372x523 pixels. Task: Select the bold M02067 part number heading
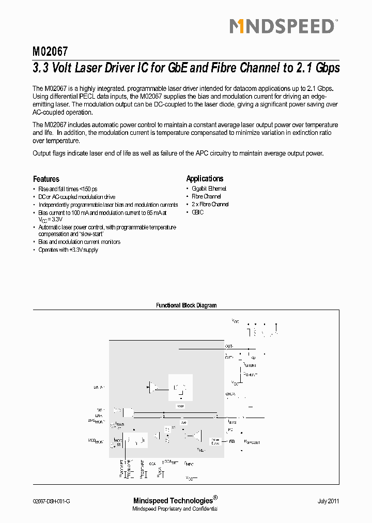point(50,52)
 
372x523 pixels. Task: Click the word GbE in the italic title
point(176,68)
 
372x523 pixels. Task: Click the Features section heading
point(46,179)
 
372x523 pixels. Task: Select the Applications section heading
point(205,178)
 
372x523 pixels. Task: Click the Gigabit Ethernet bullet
point(209,189)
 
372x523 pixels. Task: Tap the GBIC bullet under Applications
point(198,212)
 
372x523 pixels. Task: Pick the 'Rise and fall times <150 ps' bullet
point(68,189)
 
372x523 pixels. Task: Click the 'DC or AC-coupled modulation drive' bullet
point(76,197)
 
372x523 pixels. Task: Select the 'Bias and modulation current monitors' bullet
point(79,242)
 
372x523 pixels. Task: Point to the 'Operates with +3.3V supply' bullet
point(68,250)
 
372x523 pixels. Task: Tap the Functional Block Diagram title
point(186,305)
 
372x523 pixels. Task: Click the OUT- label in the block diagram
point(229,346)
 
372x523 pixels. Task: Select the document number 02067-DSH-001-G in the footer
point(51,501)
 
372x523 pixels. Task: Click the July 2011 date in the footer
point(328,501)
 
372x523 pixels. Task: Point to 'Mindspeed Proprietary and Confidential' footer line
point(175,509)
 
